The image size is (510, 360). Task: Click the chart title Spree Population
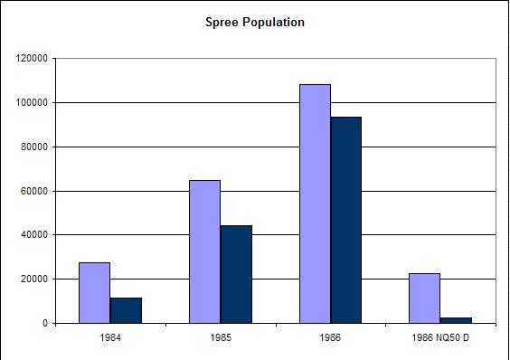coord(255,22)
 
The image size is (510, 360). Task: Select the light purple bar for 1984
coord(95,292)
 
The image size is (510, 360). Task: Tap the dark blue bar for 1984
coord(126,310)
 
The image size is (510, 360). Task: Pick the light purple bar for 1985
coord(204,251)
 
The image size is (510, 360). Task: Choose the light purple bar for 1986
coord(315,204)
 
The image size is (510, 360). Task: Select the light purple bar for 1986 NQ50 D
coord(424,298)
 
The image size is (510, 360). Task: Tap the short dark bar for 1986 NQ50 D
coord(456,320)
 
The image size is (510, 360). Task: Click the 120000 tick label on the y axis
coord(33,59)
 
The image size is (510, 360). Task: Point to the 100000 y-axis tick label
coord(33,103)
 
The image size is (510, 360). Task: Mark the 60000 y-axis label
coord(35,192)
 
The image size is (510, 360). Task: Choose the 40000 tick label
coord(35,235)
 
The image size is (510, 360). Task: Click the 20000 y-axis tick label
coord(35,279)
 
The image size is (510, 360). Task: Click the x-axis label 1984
coord(110,339)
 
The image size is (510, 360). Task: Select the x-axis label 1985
coord(220,339)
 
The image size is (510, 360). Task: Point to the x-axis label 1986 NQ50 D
coord(439,339)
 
